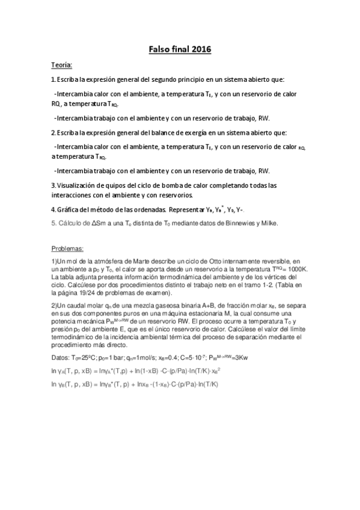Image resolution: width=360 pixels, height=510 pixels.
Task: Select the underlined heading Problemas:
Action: pyautogui.click(x=67, y=247)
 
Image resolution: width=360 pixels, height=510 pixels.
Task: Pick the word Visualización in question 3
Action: pyautogui.click(x=75, y=185)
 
